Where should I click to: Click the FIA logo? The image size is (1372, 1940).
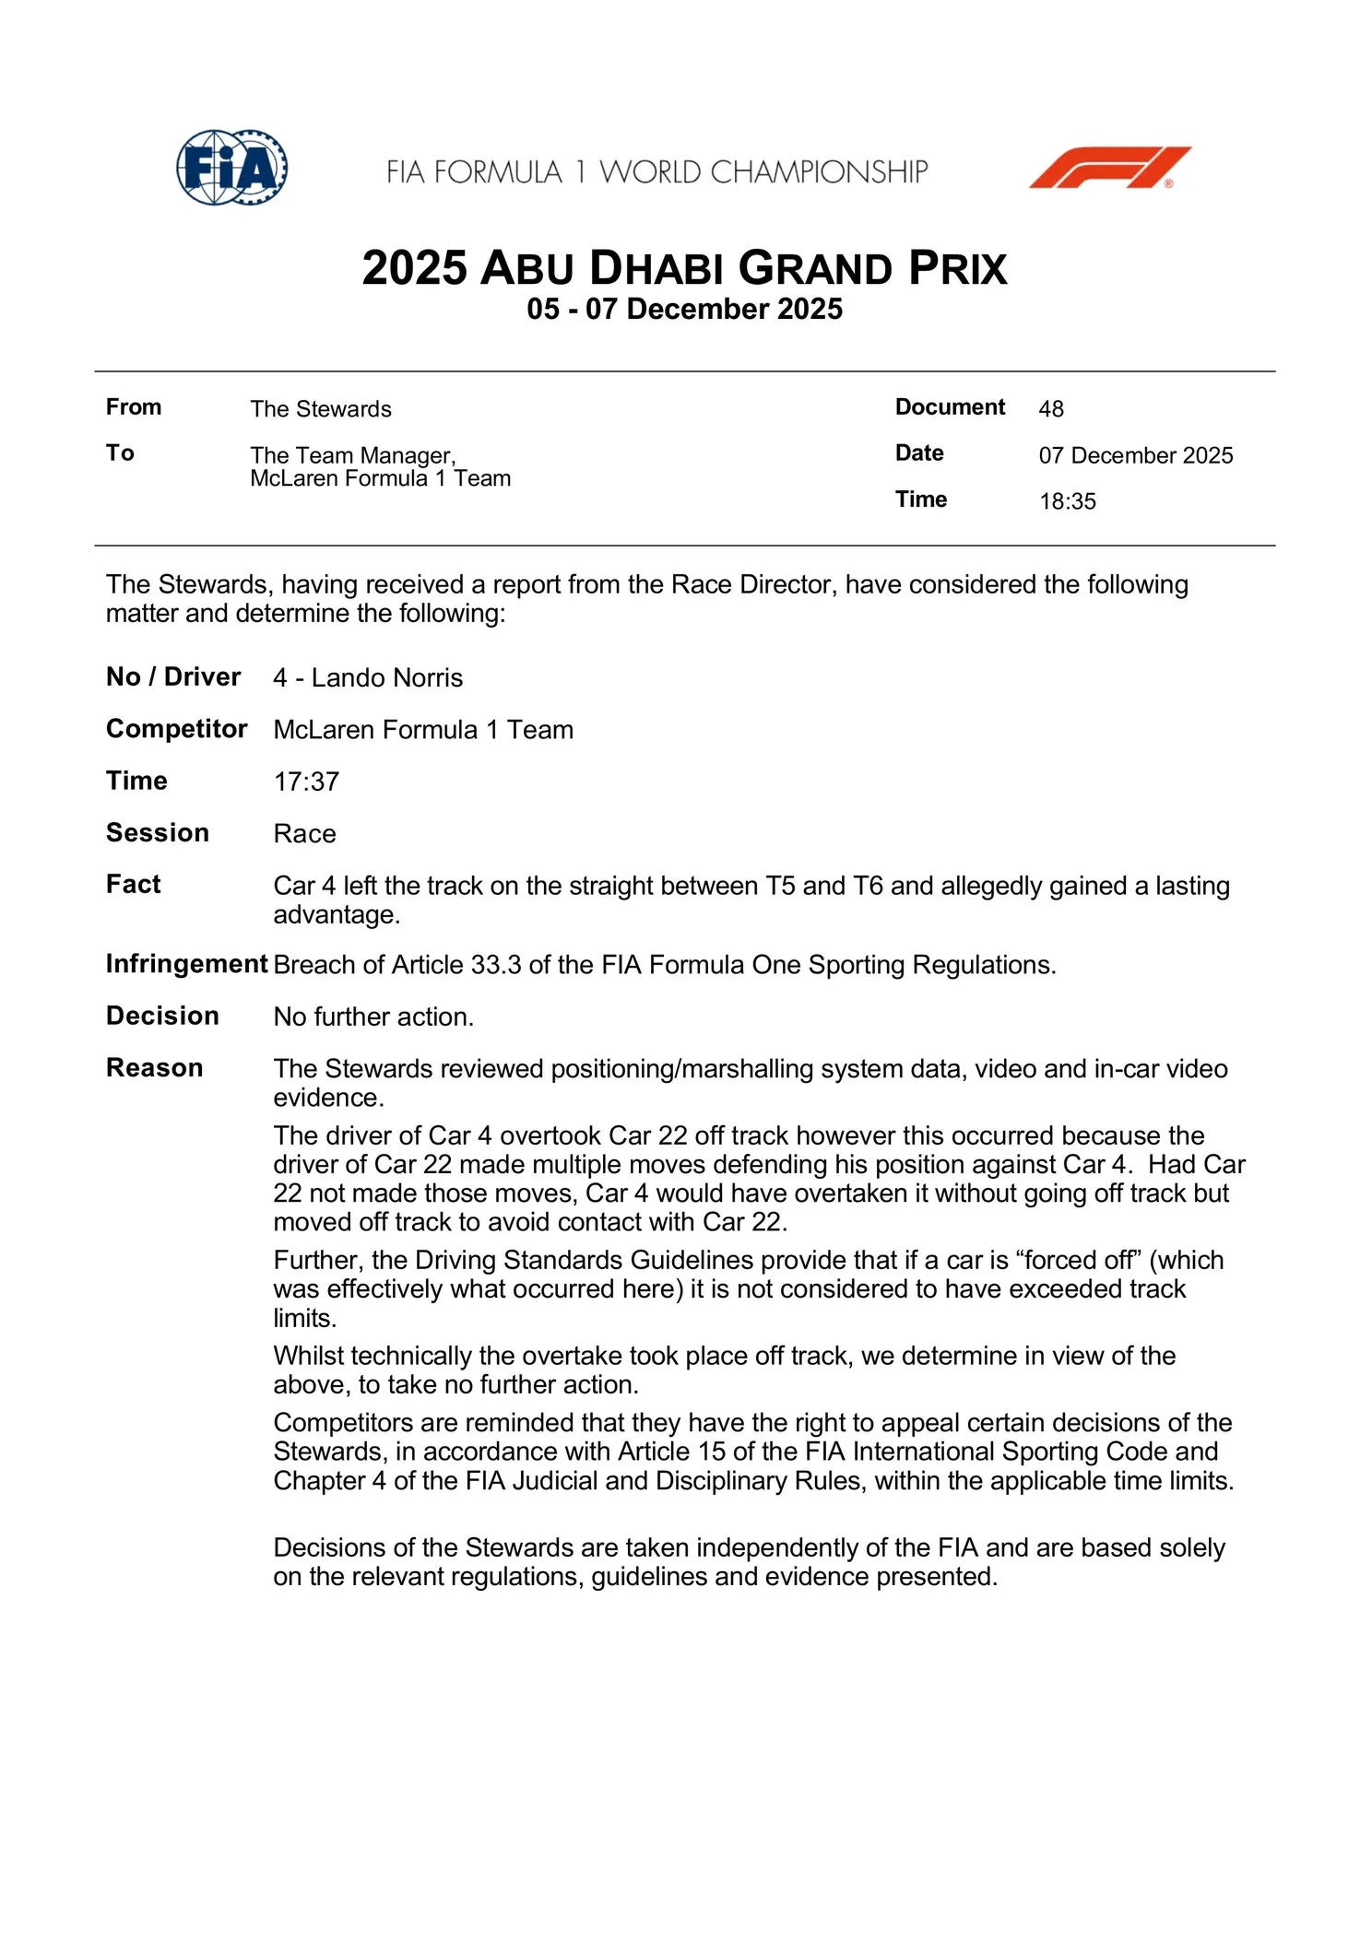[231, 168]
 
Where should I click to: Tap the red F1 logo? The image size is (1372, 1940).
[1109, 168]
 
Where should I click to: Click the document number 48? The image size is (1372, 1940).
[1050, 409]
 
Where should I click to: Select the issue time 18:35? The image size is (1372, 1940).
[1067, 501]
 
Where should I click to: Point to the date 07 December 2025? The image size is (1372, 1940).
[1135, 455]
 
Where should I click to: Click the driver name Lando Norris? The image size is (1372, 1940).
[386, 678]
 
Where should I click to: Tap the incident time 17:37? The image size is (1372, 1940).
[306, 782]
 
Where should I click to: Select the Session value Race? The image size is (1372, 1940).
[304, 834]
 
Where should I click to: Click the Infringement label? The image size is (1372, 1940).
[186, 964]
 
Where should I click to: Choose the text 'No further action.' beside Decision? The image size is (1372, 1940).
[373, 1017]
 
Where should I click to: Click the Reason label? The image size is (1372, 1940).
[154, 1068]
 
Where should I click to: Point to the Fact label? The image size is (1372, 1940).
[133, 885]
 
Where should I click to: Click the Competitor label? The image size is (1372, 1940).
[176, 729]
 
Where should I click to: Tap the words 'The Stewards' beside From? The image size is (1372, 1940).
[320, 409]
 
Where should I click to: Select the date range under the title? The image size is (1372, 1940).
[684, 309]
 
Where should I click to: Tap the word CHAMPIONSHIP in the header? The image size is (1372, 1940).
[819, 172]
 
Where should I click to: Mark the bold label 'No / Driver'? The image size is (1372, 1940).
[172, 677]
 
